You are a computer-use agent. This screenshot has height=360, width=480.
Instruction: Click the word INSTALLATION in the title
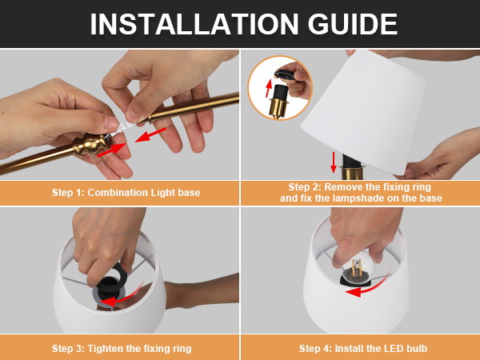[x=194, y=24]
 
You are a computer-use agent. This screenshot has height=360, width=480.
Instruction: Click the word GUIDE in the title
[x=352, y=24]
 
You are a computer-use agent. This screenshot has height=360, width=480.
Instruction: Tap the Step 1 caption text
[x=126, y=193]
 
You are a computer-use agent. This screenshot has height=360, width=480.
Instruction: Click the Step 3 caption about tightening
[x=122, y=348]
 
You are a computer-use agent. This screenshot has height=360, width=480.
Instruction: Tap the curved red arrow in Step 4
[x=367, y=286]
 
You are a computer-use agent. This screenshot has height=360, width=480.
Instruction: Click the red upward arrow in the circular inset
[x=269, y=88]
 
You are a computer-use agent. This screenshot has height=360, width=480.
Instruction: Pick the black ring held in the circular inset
[x=286, y=75]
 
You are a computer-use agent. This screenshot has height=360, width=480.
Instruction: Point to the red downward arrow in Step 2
[x=334, y=162]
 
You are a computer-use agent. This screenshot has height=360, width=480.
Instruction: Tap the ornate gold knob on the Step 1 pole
[x=90, y=144]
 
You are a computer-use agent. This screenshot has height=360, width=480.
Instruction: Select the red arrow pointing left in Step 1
[x=150, y=135]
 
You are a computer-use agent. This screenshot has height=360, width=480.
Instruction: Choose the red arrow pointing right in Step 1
[x=111, y=150]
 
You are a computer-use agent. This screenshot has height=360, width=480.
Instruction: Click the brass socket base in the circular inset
[x=278, y=107]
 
